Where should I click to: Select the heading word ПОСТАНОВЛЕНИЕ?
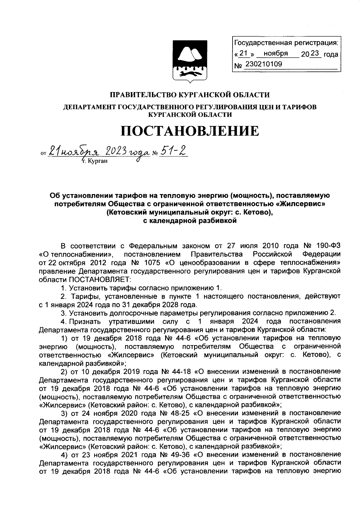coord(190,131)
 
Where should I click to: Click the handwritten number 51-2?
coord(173,151)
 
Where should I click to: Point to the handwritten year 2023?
coord(113,151)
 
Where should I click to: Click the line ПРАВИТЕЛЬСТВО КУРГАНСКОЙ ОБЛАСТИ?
coord(190,95)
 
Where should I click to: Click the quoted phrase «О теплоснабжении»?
coord(76,255)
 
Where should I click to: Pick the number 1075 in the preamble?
coord(153,263)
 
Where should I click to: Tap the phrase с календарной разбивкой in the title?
coord(190,221)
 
